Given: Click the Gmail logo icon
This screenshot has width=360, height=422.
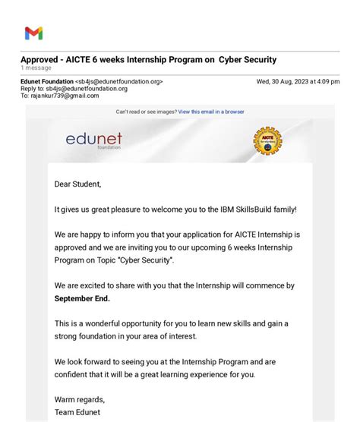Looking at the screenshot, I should coord(33,33).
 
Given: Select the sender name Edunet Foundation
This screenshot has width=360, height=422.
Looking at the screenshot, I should coord(47,81).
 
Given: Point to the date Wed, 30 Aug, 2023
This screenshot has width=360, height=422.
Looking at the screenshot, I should coord(286,81).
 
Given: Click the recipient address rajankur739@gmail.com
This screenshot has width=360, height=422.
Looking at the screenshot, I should coord(65,96).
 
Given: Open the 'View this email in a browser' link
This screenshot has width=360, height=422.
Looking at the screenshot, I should coord(211,112).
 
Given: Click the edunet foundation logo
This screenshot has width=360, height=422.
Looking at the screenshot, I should coord(93,140).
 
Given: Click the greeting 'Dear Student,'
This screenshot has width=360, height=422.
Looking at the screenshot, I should coord(77,184).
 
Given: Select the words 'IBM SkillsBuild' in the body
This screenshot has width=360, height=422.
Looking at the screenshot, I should coord(242,209).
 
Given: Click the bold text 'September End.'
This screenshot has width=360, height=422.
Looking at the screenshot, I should coord(82,298).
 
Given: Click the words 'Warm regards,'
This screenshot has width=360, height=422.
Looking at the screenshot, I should coord(80,399).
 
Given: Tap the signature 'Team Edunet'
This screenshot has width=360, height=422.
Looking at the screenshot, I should coord(77,412).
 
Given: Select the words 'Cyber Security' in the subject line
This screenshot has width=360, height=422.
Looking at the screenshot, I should coord(248,60).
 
